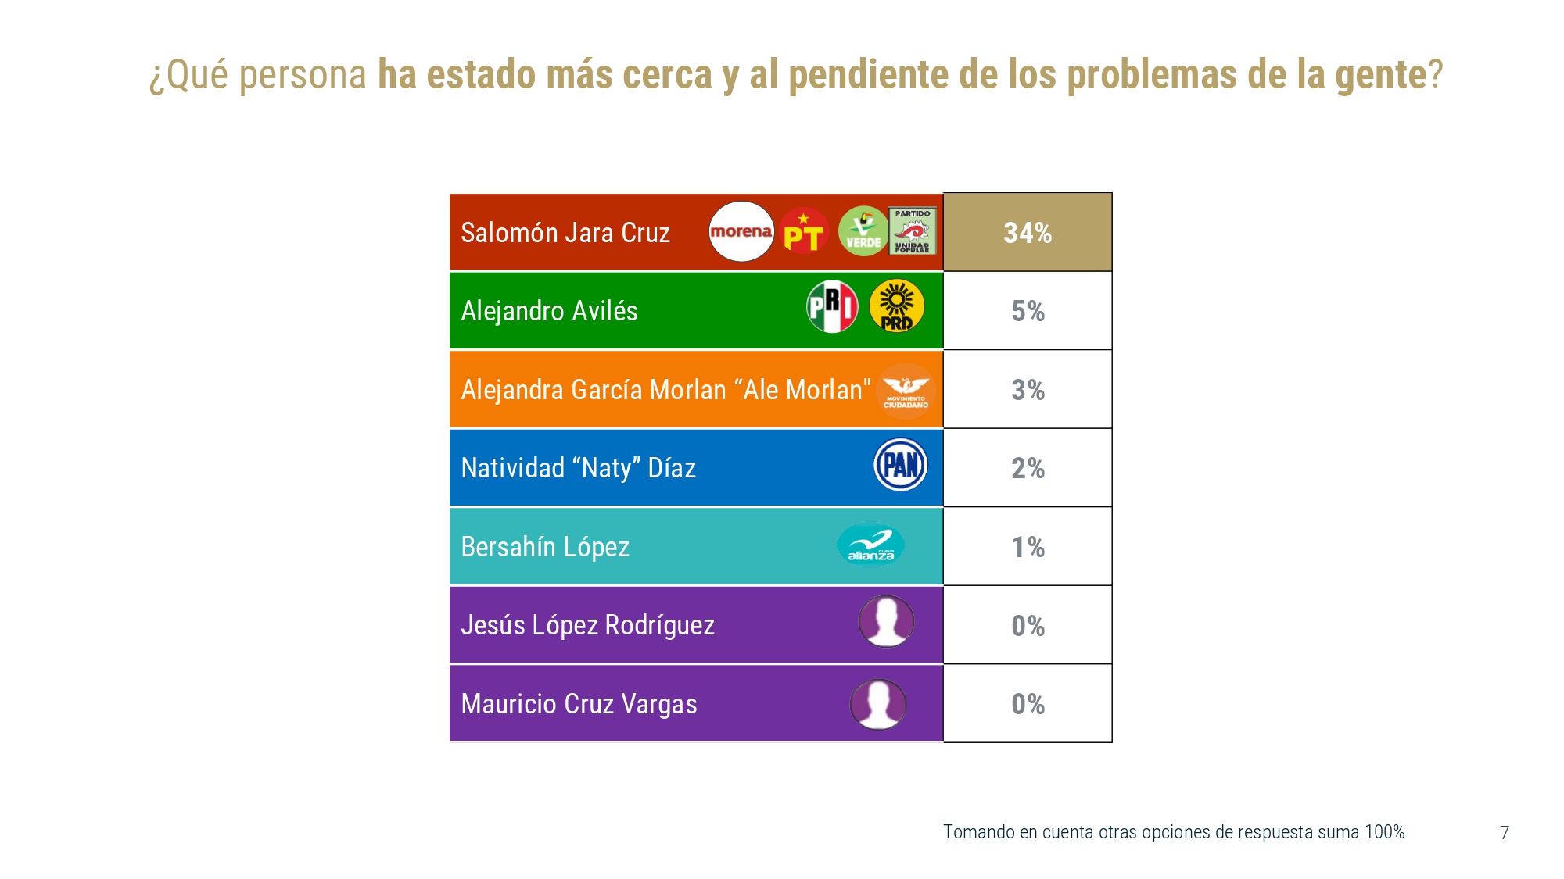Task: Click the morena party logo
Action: tap(741, 231)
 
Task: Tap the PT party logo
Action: tap(804, 231)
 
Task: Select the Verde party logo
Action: tap(863, 231)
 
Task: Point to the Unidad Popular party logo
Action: tap(913, 230)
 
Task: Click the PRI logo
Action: tap(832, 306)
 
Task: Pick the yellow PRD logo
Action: tap(897, 306)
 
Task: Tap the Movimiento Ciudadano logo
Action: tap(906, 391)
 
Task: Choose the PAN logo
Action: tap(901, 465)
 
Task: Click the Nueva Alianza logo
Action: tap(871, 545)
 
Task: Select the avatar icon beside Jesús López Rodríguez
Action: tap(886, 622)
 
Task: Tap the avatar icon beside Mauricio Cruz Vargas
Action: tap(878, 704)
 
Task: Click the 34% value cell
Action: tap(1028, 233)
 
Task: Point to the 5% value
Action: tap(1028, 311)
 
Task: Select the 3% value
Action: tap(1028, 390)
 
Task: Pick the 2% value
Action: tap(1028, 468)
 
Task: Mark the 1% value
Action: tap(1028, 547)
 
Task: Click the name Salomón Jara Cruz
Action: tap(565, 233)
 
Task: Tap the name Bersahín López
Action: tap(545, 547)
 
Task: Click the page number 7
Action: tap(1505, 833)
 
